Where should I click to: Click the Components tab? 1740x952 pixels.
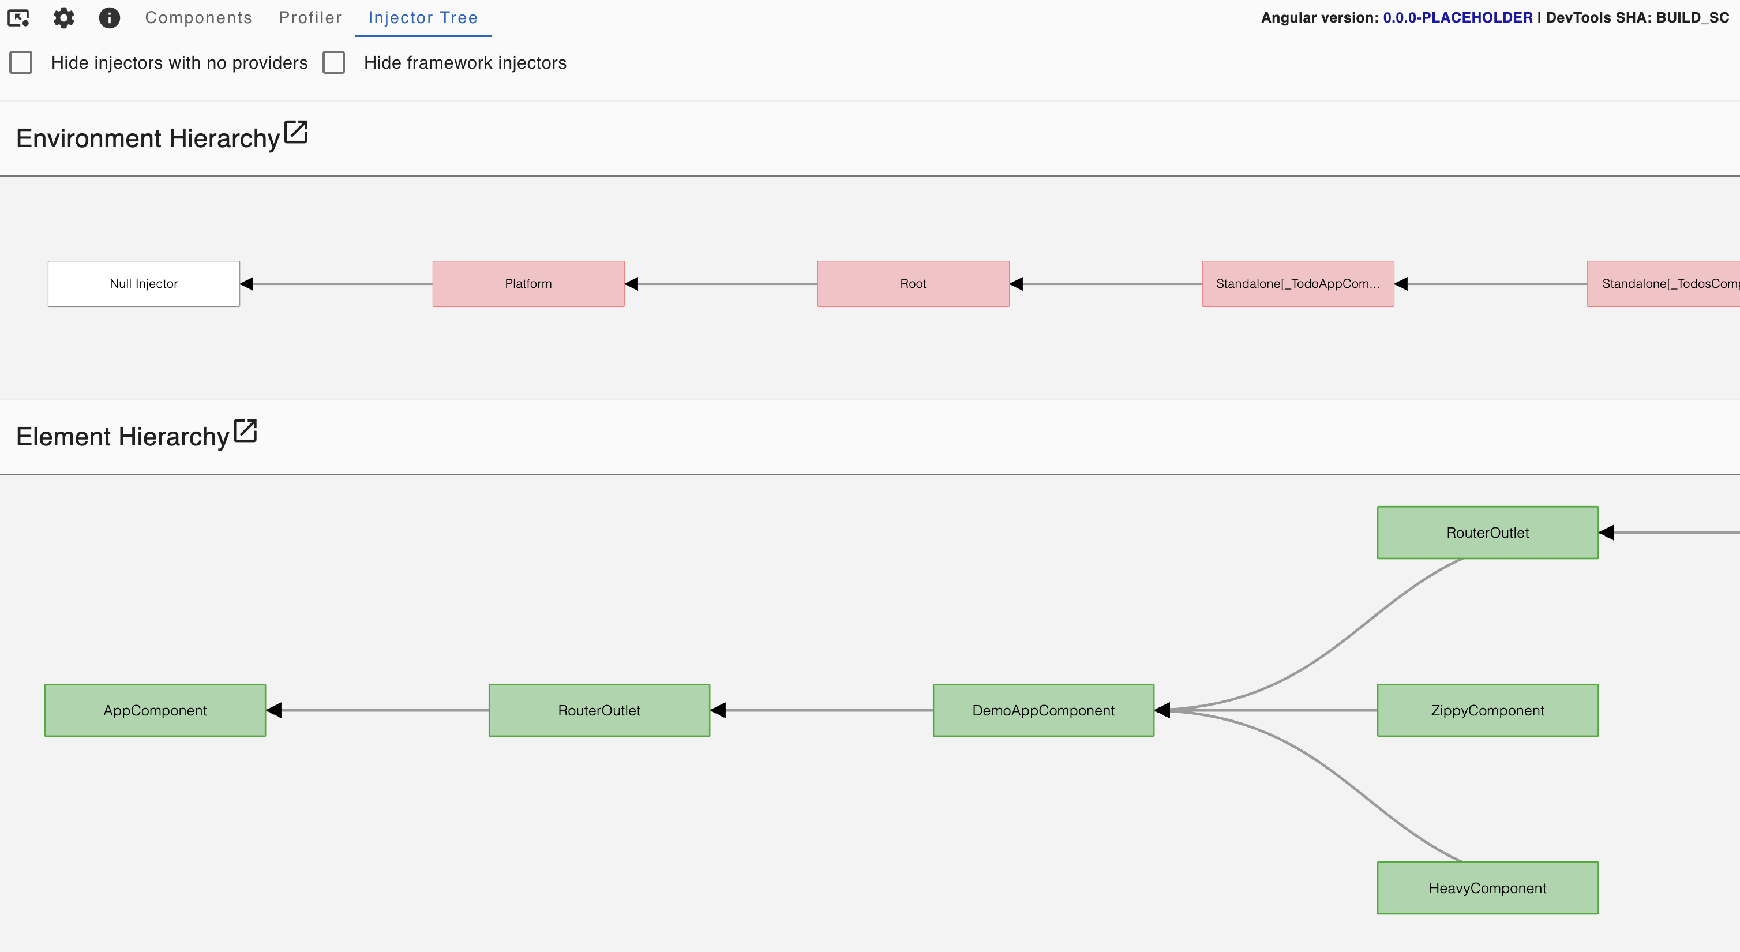coord(198,17)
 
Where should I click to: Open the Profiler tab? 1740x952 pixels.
coord(310,17)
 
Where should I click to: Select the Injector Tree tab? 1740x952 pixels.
coord(423,17)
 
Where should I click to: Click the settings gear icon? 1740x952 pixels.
coord(63,17)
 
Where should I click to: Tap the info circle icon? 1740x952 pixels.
coord(110,17)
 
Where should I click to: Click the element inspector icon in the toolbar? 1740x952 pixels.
coord(18,17)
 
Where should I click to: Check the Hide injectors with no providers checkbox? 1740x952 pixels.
coord(21,62)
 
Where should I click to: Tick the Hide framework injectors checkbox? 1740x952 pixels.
coord(333,62)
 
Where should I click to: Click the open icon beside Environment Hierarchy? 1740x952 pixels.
coord(296,133)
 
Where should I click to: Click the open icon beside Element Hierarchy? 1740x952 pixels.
coord(245,431)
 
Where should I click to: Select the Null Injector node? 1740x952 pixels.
coord(143,284)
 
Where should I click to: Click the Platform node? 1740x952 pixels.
coord(528,284)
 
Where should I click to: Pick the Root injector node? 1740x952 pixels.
coord(913,284)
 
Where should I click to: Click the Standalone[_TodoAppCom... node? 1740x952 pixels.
coord(1297,284)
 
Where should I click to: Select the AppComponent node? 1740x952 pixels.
coord(155,710)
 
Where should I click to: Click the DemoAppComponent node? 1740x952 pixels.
coord(1043,710)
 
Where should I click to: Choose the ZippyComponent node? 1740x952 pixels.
coord(1487,710)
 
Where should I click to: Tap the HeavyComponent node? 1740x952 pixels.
coord(1487,888)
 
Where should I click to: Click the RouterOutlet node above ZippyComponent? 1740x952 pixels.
coord(1487,533)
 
